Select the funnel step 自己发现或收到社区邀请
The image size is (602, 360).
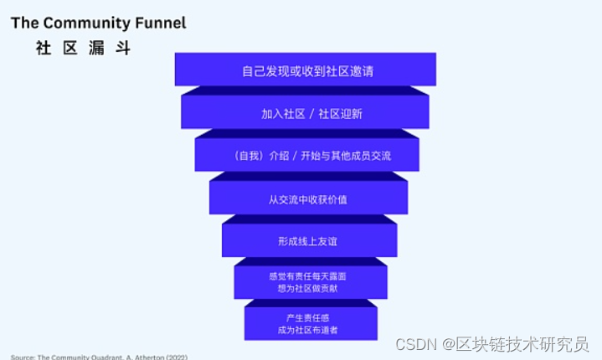tap(306, 71)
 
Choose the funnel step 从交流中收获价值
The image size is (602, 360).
tap(308, 199)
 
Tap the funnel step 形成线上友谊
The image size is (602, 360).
tap(307, 241)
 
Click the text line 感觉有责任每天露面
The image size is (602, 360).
tap(307, 275)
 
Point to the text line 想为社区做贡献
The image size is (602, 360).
tap(307, 288)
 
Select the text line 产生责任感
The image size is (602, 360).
tap(311, 318)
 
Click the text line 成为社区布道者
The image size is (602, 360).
tap(311, 331)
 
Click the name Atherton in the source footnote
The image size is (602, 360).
tap(146, 357)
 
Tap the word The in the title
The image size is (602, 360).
tap(23, 23)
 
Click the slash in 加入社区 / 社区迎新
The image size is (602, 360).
tap(311, 114)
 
